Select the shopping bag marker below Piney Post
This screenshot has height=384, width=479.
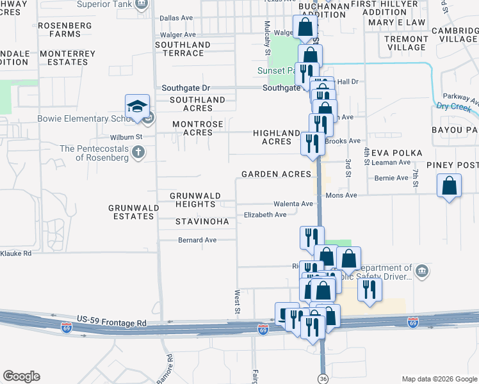click(450, 186)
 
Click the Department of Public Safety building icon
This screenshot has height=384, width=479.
click(421, 271)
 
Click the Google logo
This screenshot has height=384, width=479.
click(21, 376)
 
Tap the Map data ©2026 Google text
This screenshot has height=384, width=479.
click(439, 379)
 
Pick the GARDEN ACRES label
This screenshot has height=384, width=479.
click(276, 174)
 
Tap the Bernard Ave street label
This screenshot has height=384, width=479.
click(197, 240)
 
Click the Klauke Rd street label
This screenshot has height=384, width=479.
click(16, 253)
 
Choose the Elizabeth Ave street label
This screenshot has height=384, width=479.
click(265, 215)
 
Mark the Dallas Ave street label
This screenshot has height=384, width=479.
click(177, 19)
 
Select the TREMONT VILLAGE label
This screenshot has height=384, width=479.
click(406, 43)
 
